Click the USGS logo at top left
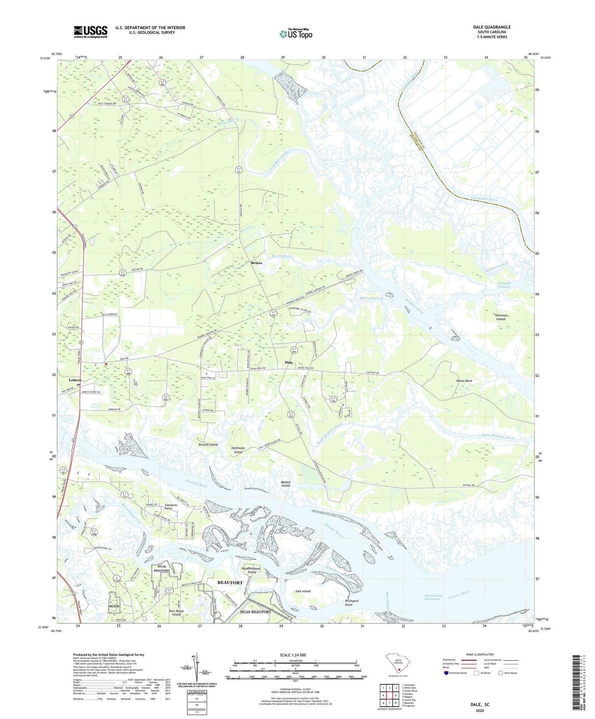[x=91, y=31]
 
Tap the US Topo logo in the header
[x=296, y=34]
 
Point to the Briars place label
[x=257, y=263]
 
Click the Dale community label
[x=289, y=362]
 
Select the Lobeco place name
[x=75, y=380]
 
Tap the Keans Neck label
[x=464, y=381]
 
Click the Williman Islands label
[x=501, y=317]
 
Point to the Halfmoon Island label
[x=238, y=450]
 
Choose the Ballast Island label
[x=286, y=483]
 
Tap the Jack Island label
[x=303, y=591]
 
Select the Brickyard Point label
[x=351, y=603]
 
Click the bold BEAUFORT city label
[x=230, y=582]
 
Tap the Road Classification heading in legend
[x=480, y=654]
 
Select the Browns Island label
[x=208, y=445]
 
